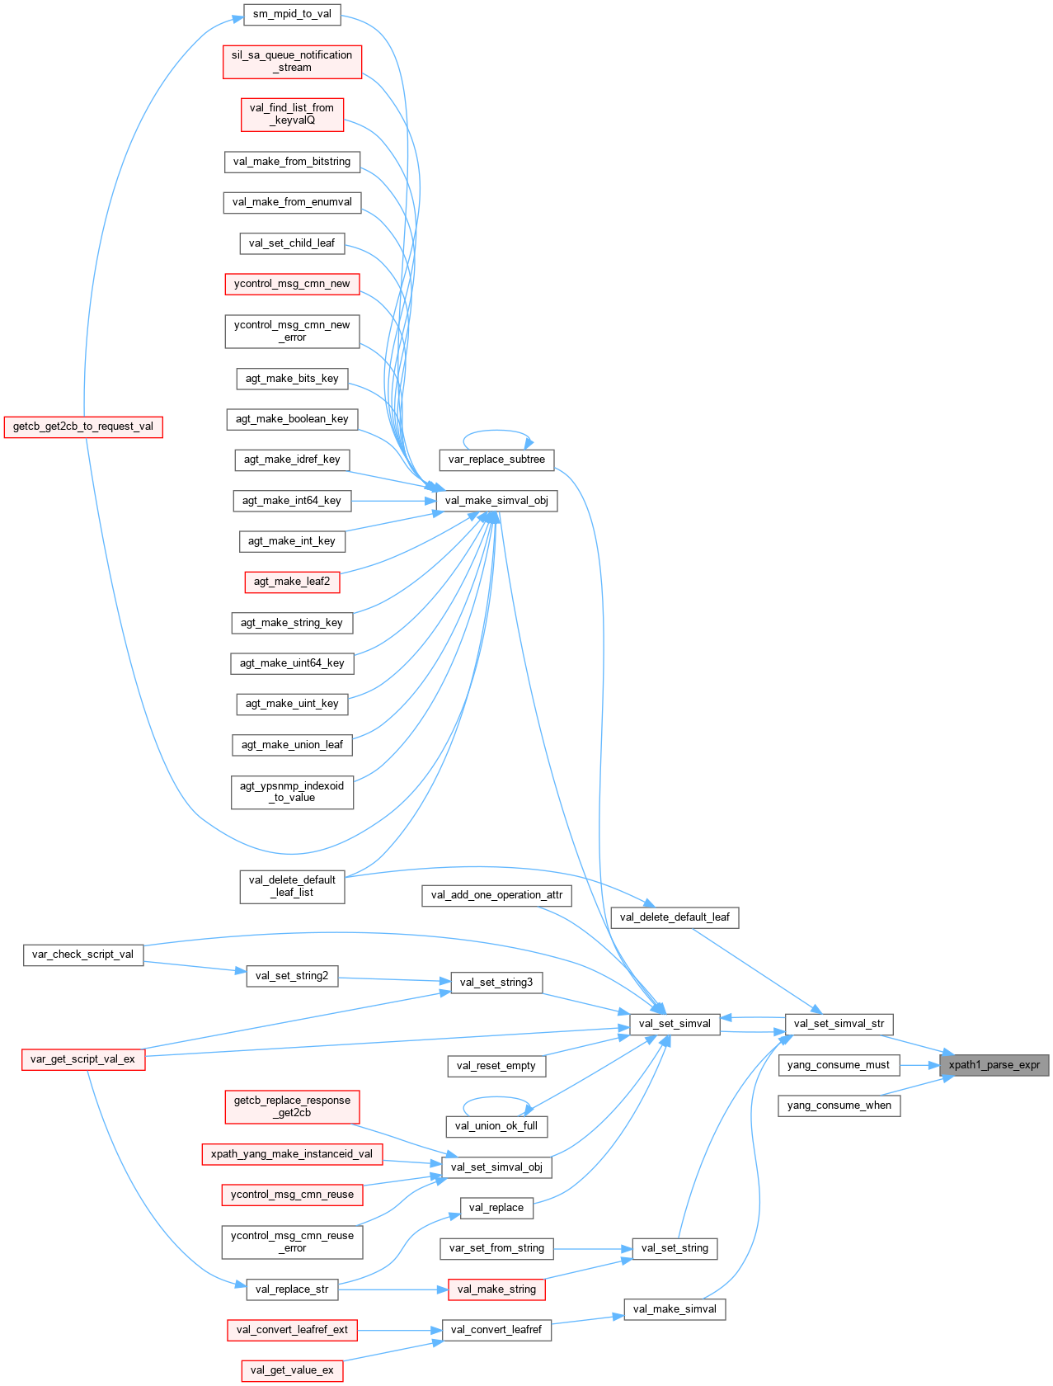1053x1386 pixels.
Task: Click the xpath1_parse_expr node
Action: (x=994, y=1065)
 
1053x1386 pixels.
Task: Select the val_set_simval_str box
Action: (x=839, y=1024)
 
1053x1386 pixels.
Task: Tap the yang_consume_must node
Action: (x=838, y=1065)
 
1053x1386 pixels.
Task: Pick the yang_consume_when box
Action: (x=839, y=1105)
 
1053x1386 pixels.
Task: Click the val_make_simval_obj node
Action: (x=496, y=501)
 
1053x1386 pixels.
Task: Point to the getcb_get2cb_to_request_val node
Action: (x=82, y=427)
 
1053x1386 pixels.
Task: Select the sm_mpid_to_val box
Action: (x=292, y=14)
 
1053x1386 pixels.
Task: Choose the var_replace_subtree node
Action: (x=496, y=460)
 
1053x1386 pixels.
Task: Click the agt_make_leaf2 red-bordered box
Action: (x=292, y=582)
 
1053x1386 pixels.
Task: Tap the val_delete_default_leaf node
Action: (x=675, y=917)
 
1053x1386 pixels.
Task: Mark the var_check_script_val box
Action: (x=82, y=955)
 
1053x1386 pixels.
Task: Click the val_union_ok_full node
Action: (x=496, y=1126)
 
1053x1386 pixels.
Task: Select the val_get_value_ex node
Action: (x=292, y=1370)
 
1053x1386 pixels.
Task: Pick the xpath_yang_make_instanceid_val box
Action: (x=292, y=1154)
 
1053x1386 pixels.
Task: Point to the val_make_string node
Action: (x=496, y=1289)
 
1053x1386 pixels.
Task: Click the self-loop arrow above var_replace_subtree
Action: (x=496, y=431)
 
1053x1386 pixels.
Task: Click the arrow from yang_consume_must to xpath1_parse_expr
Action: (x=919, y=1065)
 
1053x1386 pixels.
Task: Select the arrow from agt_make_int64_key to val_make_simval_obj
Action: (x=392, y=501)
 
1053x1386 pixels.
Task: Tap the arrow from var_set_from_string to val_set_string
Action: (x=592, y=1248)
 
